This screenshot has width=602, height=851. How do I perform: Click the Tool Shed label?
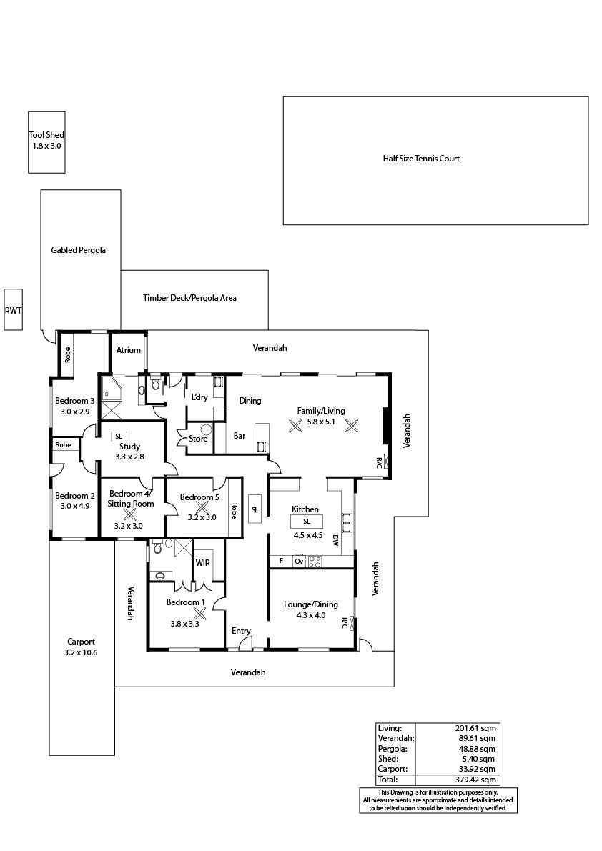click(x=46, y=135)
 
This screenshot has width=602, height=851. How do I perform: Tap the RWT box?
click(x=13, y=309)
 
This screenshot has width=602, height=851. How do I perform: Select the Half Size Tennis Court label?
click(x=421, y=159)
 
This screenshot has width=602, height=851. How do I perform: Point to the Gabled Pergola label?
click(x=78, y=250)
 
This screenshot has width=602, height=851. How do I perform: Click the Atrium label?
click(x=129, y=350)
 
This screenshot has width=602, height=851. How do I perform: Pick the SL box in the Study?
click(x=119, y=437)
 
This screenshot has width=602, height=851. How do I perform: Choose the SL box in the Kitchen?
click(x=307, y=522)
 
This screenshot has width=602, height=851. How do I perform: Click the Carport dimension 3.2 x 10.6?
click(x=81, y=652)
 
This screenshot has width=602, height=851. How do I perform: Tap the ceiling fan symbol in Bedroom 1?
click(x=200, y=613)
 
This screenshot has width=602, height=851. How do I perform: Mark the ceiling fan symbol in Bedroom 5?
click(x=202, y=507)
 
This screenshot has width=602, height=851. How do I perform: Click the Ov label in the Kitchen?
click(x=299, y=562)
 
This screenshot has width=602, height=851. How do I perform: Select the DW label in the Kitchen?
click(x=335, y=540)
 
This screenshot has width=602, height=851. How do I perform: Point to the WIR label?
click(x=202, y=563)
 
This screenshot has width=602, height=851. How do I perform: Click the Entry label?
click(x=241, y=631)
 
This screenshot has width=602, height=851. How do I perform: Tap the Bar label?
click(x=240, y=436)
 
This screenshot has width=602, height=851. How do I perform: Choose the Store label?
click(x=198, y=439)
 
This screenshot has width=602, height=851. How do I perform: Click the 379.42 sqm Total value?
click(x=475, y=780)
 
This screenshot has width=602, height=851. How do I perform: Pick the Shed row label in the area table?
click(x=388, y=759)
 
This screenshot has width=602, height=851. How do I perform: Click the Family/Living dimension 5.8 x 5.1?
click(x=321, y=421)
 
